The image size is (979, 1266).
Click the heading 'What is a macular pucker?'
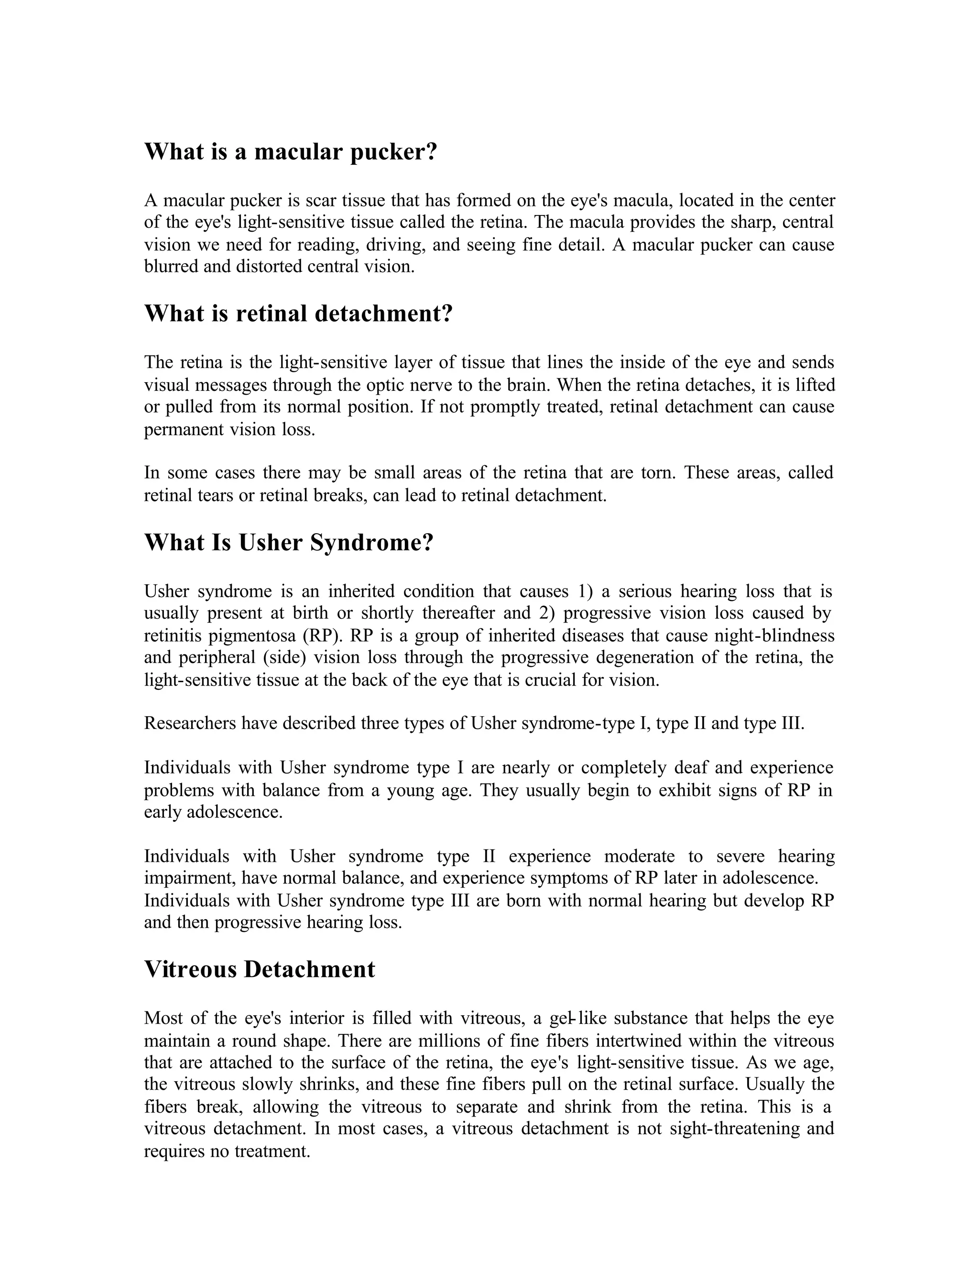click(x=290, y=152)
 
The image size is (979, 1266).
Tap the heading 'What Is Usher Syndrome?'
click(x=288, y=543)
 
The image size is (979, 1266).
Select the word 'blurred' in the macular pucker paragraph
click(x=165, y=267)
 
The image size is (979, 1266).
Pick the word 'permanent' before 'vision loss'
click(x=182, y=429)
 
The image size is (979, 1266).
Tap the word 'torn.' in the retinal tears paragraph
click(x=658, y=473)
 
